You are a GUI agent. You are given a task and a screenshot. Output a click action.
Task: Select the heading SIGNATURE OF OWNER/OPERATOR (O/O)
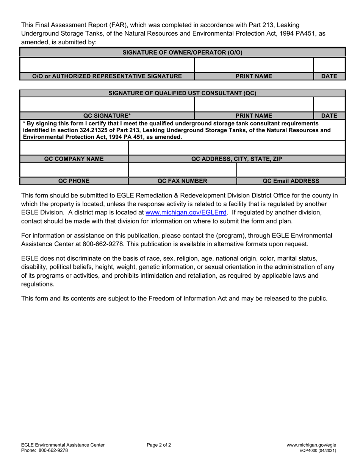(x=182, y=52)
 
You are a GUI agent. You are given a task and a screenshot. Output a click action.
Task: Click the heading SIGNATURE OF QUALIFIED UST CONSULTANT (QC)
(x=182, y=93)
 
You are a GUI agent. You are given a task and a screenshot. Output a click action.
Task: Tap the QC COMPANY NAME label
(x=74, y=159)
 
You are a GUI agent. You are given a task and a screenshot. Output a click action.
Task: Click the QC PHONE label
(x=74, y=181)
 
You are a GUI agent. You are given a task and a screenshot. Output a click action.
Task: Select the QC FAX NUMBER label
(x=182, y=181)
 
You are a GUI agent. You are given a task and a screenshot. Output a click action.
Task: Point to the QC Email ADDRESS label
(x=291, y=181)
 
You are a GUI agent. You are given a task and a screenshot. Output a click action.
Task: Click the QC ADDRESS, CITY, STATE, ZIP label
(x=237, y=159)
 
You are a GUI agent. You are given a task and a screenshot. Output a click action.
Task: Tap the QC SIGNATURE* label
(x=107, y=116)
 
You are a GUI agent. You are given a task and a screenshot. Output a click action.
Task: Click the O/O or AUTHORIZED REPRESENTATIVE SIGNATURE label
(x=107, y=76)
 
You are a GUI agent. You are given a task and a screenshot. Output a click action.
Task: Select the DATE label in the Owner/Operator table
(x=329, y=76)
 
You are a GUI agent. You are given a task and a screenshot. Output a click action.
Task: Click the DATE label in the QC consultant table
(x=329, y=116)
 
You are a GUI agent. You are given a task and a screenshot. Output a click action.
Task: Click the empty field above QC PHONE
(x=74, y=170)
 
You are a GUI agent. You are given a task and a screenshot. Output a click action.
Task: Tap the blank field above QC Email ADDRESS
(x=291, y=170)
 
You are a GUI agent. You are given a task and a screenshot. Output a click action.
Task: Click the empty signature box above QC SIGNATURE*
(x=107, y=104)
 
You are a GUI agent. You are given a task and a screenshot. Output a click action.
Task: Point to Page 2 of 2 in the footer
(x=159, y=445)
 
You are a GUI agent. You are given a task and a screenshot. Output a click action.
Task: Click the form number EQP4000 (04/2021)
(x=318, y=450)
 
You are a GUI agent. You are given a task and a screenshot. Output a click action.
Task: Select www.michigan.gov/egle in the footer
(x=311, y=445)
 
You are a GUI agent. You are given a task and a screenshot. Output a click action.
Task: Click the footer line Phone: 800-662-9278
(x=45, y=450)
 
